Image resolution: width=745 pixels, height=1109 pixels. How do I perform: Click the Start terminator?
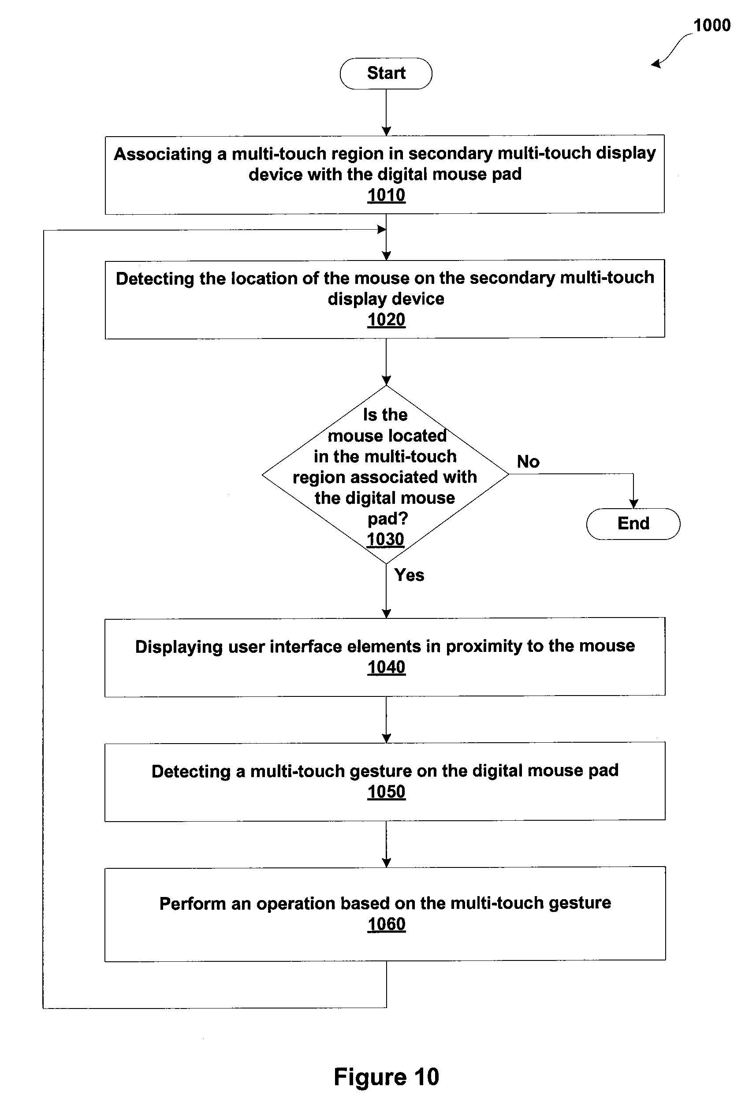tap(386, 74)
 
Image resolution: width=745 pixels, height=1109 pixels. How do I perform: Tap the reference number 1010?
tap(386, 195)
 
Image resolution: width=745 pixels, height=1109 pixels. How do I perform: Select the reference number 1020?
tap(386, 320)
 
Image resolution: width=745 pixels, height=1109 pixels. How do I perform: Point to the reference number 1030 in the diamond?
tap(385, 540)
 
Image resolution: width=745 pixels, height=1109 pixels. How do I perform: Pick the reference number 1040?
tap(386, 667)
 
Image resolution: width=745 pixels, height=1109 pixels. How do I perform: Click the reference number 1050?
tap(386, 792)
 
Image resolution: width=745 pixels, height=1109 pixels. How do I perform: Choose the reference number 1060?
tap(386, 924)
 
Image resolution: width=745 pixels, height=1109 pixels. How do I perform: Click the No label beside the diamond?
tap(528, 461)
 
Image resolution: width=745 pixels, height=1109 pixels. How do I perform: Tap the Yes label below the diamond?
tap(409, 575)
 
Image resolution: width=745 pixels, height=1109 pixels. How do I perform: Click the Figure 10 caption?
tap(386, 1077)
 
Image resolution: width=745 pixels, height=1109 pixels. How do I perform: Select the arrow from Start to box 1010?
tap(386, 112)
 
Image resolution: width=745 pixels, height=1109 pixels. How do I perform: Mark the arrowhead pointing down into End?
tap(633, 504)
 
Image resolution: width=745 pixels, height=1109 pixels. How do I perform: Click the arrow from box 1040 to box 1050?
tap(386, 719)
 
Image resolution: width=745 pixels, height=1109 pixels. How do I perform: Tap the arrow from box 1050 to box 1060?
tap(386, 844)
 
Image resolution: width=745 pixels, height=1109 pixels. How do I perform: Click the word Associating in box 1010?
tap(163, 154)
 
